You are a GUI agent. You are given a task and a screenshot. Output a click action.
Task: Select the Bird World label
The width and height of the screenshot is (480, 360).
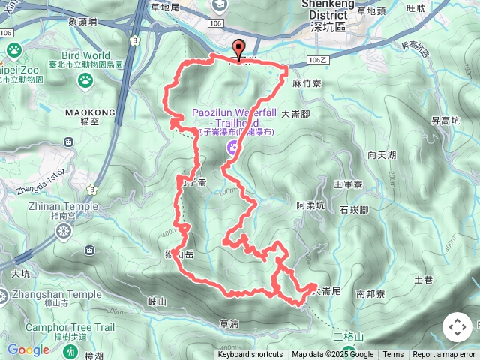[x=86, y=55]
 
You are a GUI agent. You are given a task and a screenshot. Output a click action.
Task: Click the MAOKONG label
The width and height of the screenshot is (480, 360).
[x=90, y=112]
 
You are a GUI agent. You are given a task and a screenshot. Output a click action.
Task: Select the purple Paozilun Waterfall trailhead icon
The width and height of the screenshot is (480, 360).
[x=232, y=149]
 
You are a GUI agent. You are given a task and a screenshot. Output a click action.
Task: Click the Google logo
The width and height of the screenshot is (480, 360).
[x=28, y=350]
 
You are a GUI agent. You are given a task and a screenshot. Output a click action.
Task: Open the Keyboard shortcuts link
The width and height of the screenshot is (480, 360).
[x=250, y=355]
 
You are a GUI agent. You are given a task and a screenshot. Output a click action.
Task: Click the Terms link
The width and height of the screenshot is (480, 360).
[x=393, y=355]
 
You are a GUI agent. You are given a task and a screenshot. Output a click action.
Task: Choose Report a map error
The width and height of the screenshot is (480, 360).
[x=444, y=355]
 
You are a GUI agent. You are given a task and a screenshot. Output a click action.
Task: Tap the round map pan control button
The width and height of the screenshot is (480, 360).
[x=457, y=327]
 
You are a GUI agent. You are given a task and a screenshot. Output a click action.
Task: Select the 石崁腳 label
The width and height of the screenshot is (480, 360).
[x=355, y=210]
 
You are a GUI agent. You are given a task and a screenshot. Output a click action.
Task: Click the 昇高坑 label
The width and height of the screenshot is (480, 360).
[x=445, y=120]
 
